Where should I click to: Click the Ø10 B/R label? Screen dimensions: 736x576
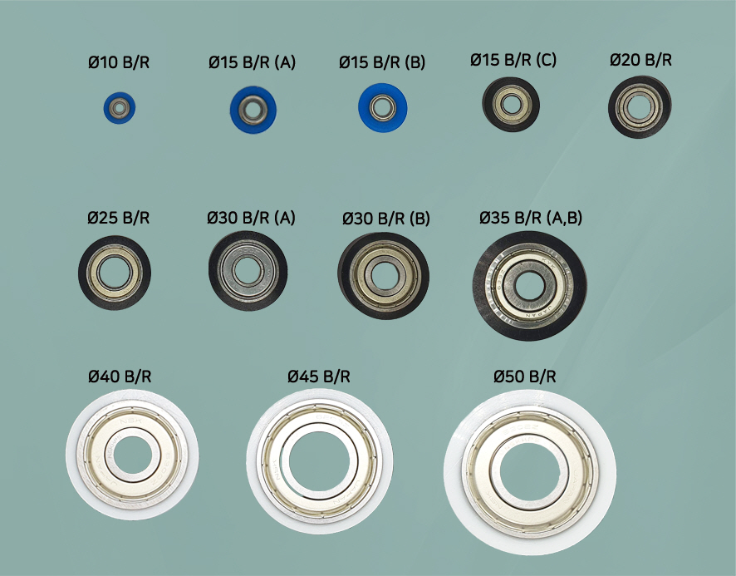[119, 62]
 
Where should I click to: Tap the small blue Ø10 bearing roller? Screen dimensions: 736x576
[120, 108]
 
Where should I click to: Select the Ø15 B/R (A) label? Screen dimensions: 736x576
[252, 62]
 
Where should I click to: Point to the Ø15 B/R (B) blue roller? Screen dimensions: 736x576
[383, 108]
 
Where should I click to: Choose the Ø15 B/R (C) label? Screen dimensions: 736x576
[513, 60]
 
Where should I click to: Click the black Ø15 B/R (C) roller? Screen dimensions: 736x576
[511, 104]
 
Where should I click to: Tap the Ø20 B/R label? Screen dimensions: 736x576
[640, 60]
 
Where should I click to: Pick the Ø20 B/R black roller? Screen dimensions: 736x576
[640, 107]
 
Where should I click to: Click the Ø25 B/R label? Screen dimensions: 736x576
[118, 218]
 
